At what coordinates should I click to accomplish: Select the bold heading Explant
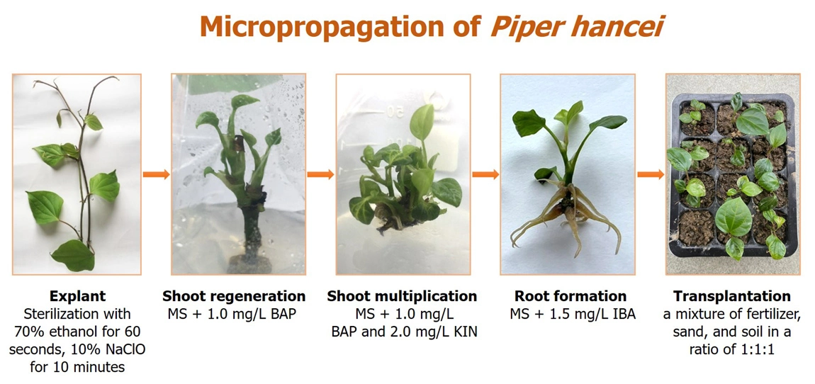pyautogui.click(x=78, y=297)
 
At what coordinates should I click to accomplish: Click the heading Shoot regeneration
pyautogui.click(x=234, y=297)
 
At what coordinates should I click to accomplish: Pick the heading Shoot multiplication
pyautogui.click(x=402, y=297)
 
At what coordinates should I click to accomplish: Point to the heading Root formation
pyautogui.click(x=570, y=297)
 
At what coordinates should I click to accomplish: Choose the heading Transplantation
pyautogui.click(x=732, y=297)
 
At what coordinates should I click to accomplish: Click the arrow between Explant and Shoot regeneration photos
pyautogui.click(x=156, y=174)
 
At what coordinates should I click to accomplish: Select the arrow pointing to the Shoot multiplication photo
pyautogui.click(x=320, y=174)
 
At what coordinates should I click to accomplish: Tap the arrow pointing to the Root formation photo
pyautogui.click(x=485, y=174)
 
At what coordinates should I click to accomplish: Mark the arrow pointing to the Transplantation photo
pyautogui.click(x=651, y=174)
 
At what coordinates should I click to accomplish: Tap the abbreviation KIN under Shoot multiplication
pyautogui.click(x=466, y=332)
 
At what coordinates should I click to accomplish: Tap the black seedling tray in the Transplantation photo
pyautogui.click(x=733, y=176)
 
